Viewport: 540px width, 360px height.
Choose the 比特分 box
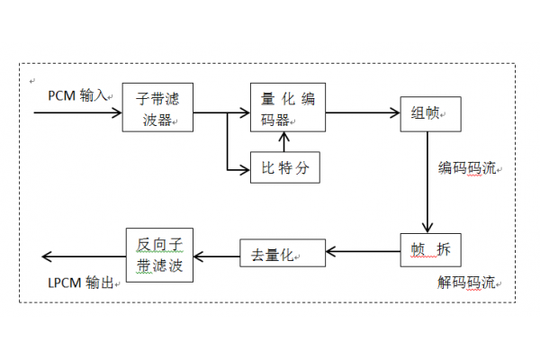pyautogui.click(x=284, y=167)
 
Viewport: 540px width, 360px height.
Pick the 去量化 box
pyautogui.click(x=282, y=254)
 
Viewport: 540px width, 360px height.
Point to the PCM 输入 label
pyautogui.click(x=79, y=95)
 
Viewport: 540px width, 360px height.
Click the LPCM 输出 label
pyautogui.click(x=81, y=283)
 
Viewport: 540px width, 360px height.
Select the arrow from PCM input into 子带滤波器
pyautogui.click(x=77, y=113)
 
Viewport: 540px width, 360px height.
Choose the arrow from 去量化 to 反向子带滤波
pyautogui.click(x=217, y=256)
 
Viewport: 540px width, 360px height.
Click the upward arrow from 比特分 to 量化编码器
pyautogui.click(x=284, y=142)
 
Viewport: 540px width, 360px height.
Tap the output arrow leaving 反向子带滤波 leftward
pyautogui.click(x=82, y=256)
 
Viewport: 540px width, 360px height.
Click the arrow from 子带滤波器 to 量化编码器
pyautogui.click(x=221, y=113)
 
